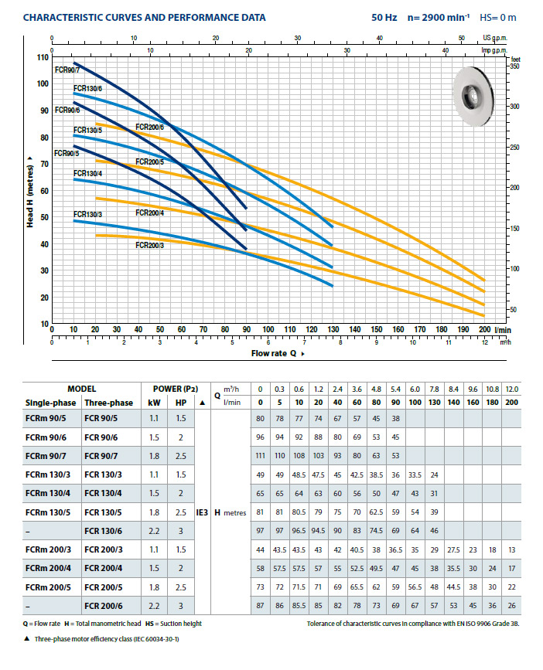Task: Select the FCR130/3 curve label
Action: coord(87,213)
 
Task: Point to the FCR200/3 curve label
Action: coord(149,245)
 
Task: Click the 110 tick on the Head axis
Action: coord(43,58)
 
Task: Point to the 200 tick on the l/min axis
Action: coord(485,329)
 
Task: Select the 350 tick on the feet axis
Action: coord(514,67)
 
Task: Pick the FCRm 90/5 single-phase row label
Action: coord(46,418)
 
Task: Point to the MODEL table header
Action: coord(80,388)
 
